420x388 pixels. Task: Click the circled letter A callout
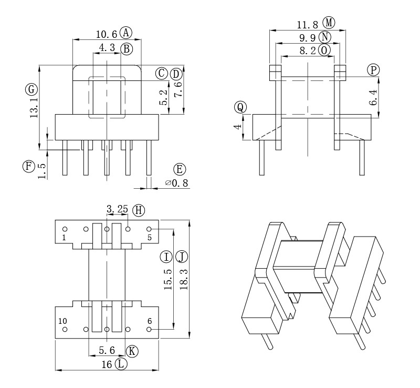(126, 33)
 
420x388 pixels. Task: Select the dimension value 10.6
(107, 34)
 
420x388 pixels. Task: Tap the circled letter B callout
(127, 49)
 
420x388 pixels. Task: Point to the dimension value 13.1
(35, 108)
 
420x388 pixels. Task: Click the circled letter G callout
(31, 89)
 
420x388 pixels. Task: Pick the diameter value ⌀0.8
(177, 183)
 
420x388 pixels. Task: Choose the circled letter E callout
(180, 169)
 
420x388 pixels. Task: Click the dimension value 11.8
(308, 25)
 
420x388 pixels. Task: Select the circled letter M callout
(329, 23)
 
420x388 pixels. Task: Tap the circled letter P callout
(373, 70)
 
